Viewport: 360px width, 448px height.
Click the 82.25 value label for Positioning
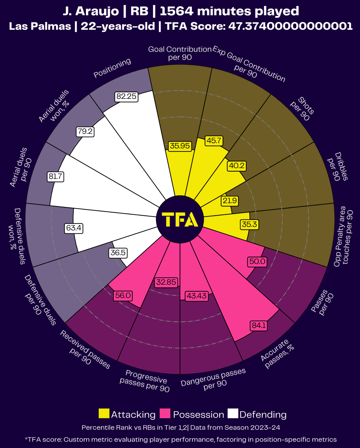pyautogui.click(x=126, y=96)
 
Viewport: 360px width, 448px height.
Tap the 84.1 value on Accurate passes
pyautogui.click(x=259, y=325)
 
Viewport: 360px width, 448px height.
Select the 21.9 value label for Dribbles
pyautogui.click(x=230, y=201)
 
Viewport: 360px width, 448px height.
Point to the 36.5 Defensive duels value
pyautogui.click(x=118, y=253)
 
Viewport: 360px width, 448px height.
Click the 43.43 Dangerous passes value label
pyautogui.click(x=197, y=296)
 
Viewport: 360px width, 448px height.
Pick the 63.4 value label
pyautogui.click(x=74, y=228)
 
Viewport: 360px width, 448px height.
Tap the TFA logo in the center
pyautogui.click(x=180, y=220)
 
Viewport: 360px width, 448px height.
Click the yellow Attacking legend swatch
pyautogui.click(x=104, y=414)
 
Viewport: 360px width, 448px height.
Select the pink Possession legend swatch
pyautogui.click(x=165, y=414)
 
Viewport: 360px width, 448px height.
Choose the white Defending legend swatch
pyautogui.click(x=233, y=414)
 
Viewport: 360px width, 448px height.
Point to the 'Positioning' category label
pyautogui.click(x=112, y=68)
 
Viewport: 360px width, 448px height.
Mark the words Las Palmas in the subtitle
pyautogui.click(x=40, y=26)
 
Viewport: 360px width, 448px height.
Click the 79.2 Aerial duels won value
pyautogui.click(x=85, y=131)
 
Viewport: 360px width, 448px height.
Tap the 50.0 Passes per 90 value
pyautogui.click(x=257, y=262)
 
